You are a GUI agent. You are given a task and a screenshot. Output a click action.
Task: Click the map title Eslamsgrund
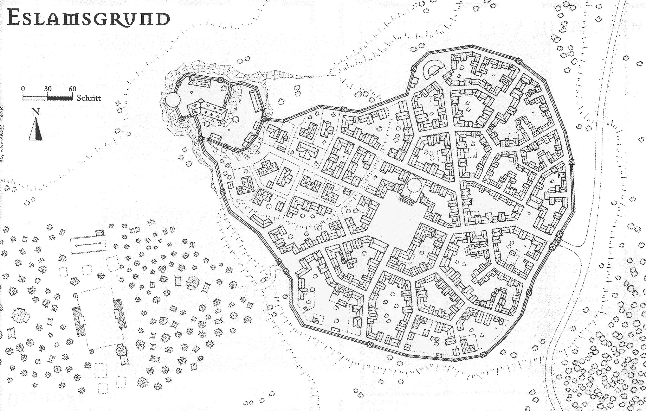(x=89, y=18)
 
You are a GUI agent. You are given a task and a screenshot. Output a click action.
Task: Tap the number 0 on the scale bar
(x=23, y=89)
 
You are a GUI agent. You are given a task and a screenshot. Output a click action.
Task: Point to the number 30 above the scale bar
(x=48, y=89)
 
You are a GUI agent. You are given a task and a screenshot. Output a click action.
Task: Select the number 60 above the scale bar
(x=72, y=89)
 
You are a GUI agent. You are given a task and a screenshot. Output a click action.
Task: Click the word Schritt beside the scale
(x=89, y=98)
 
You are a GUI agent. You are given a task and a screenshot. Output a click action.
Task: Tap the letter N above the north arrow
(x=36, y=112)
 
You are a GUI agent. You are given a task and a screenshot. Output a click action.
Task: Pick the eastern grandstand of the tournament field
(x=119, y=314)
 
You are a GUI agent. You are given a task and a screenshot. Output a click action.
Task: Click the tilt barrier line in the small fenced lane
(x=88, y=244)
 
